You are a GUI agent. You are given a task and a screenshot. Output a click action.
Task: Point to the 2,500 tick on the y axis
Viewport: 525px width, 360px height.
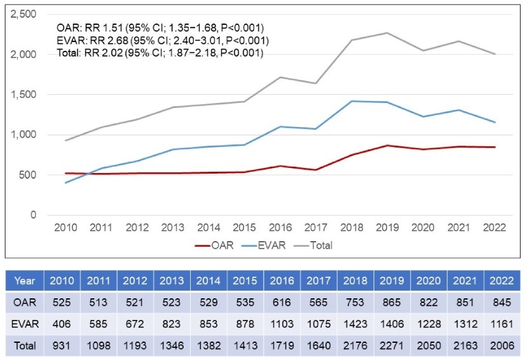(23, 14)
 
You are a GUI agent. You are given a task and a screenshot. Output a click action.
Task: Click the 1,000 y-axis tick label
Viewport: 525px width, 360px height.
(23, 135)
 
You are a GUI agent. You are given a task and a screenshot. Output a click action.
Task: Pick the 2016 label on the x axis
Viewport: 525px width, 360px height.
(280, 228)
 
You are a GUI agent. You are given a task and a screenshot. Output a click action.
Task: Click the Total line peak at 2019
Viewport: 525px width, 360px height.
(386, 32)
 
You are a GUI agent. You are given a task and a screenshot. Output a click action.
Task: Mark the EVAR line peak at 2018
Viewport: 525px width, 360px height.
(351, 101)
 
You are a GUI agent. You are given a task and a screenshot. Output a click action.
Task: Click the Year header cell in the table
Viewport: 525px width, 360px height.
(25, 280)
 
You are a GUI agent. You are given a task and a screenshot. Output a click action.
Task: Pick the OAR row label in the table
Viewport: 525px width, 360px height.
(25, 302)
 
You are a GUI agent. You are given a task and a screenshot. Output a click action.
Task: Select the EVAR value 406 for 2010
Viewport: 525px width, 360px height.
(62, 324)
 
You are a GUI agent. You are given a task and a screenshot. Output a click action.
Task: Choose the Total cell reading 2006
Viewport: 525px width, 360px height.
(502, 345)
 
